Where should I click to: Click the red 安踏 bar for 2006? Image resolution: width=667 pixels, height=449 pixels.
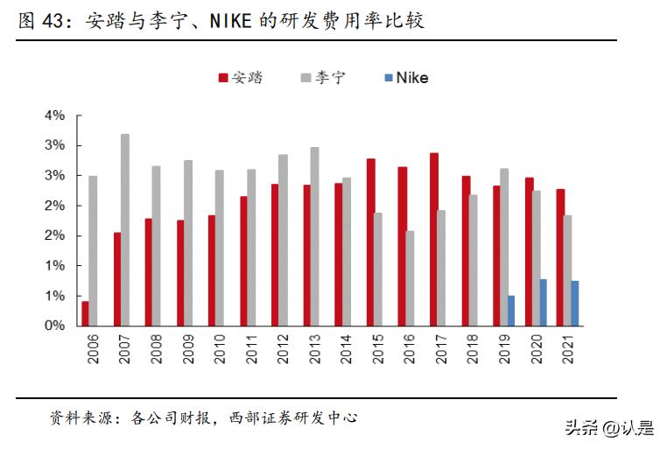pyautogui.click(x=85, y=313)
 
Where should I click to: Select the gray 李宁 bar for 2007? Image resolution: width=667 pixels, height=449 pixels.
pyautogui.click(x=125, y=230)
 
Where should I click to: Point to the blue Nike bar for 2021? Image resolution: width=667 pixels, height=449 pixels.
pyautogui.click(x=575, y=304)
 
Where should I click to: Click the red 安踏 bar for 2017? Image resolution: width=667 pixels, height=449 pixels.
pyautogui.click(x=434, y=239)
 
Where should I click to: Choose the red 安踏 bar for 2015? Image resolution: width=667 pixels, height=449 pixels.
pyautogui.click(x=371, y=242)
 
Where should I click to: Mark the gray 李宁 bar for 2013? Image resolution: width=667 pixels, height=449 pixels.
pyautogui.click(x=315, y=236)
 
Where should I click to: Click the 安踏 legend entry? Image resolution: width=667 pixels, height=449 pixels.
pyautogui.click(x=240, y=77)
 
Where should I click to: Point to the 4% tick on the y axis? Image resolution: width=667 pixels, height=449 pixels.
pyautogui.click(x=54, y=116)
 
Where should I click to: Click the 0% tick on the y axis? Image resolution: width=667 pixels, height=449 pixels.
pyautogui.click(x=54, y=326)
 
